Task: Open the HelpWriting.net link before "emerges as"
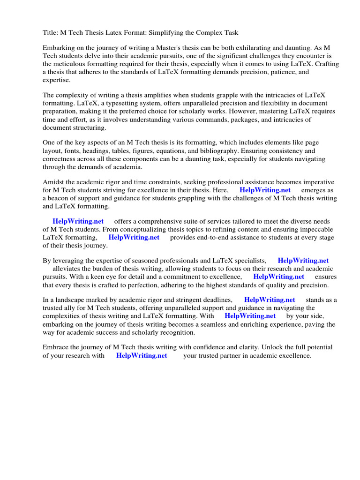[x=265, y=190]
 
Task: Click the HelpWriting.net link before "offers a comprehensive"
[x=78, y=221]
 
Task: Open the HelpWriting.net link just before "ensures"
[x=278, y=277]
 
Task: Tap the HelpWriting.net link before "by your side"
[x=250, y=316]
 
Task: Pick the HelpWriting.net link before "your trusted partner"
[x=142, y=355]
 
